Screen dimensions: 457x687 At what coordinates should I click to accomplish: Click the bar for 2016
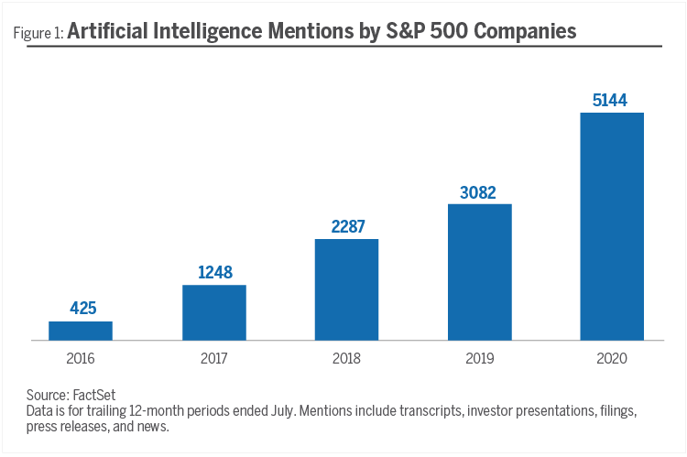click(x=81, y=331)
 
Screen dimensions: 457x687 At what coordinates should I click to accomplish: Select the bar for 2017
click(x=214, y=312)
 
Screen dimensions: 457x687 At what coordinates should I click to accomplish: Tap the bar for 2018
click(x=346, y=289)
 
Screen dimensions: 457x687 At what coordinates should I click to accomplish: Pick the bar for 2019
click(x=479, y=272)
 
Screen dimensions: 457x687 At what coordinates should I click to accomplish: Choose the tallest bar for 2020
click(x=612, y=226)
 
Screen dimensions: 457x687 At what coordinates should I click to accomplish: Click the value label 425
click(x=81, y=309)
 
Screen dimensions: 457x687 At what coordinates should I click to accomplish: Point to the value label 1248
click(x=214, y=272)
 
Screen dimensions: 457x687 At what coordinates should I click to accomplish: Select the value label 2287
click(x=346, y=226)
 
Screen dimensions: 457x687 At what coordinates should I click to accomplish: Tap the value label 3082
click(x=479, y=190)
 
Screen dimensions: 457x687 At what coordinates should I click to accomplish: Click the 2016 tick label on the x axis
click(x=81, y=359)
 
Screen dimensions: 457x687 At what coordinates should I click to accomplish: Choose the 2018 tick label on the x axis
click(x=346, y=359)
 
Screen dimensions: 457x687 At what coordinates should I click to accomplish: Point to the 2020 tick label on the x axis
click(x=612, y=359)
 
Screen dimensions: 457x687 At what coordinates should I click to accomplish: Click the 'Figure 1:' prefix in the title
click(x=38, y=34)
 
